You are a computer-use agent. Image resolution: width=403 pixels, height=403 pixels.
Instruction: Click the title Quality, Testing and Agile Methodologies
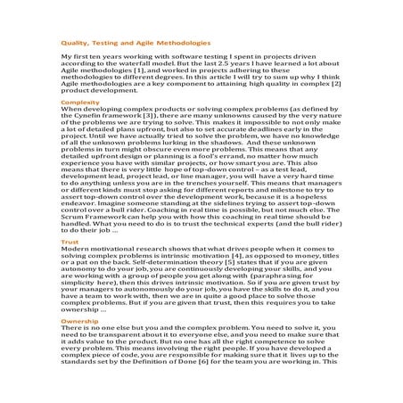click(x=135, y=42)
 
